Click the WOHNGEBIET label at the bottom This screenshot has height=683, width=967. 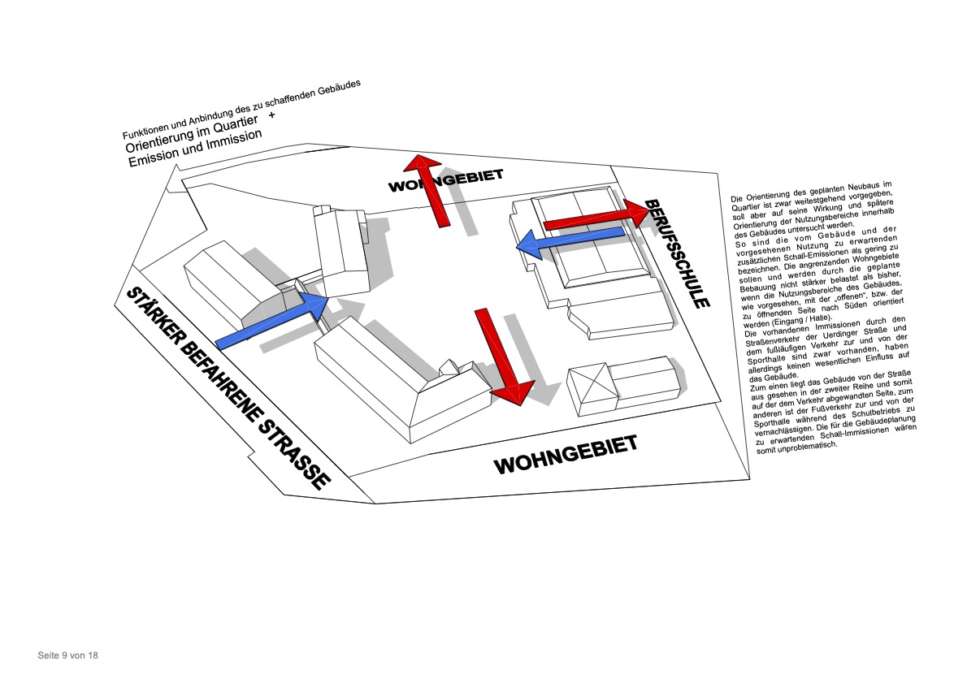pos(566,455)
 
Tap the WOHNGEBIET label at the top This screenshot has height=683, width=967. pos(446,181)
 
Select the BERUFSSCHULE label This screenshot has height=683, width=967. pos(678,253)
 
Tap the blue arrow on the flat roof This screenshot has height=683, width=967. pos(569,240)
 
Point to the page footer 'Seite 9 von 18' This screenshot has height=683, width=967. pos(67,655)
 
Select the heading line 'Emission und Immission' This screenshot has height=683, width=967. pos(195,147)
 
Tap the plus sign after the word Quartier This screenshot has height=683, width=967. pos(271,119)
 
